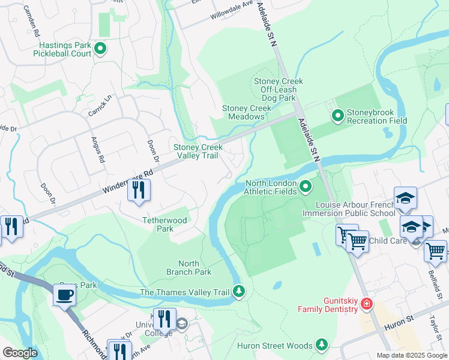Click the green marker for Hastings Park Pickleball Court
tap(100, 49)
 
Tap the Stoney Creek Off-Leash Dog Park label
tap(279, 89)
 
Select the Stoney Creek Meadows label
tap(247, 112)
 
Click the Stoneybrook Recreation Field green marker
tap(337, 113)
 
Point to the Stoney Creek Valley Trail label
tap(198, 151)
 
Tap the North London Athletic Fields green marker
tap(306, 187)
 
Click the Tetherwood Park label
tap(165, 224)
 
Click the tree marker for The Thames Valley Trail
tap(239, 292)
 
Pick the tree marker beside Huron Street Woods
tap(322, 344)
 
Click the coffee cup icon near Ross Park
tap(64, 295)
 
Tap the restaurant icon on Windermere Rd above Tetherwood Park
tap(139, 190)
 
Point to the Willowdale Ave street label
tap(231, 13)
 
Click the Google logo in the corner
tap(20, 352)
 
